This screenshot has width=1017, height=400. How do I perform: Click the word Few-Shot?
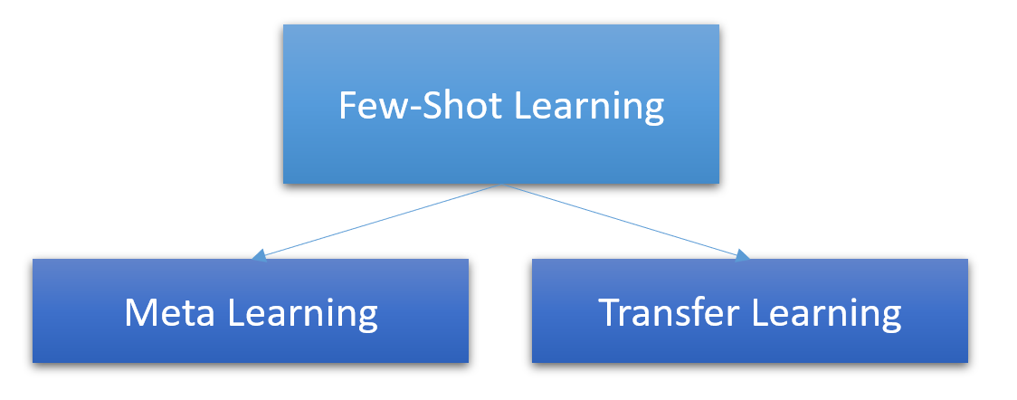422,106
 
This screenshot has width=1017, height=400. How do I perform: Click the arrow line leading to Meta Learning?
380,221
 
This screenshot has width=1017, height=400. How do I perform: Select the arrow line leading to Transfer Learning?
624,221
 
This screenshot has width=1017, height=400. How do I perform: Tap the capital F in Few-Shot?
347,106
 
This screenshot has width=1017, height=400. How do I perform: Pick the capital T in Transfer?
612,313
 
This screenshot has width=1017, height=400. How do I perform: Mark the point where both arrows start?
500,186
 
